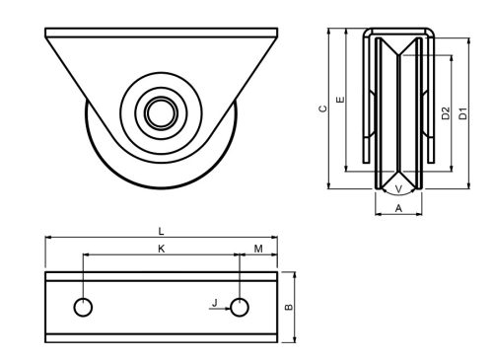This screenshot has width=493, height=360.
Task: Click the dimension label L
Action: pos(161,232)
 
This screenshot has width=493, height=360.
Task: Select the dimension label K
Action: pos(161,249)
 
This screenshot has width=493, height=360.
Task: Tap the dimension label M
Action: pos(258,249)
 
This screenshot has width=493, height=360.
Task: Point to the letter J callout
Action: pos(215,303)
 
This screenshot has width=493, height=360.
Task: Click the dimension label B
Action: pos(288,307)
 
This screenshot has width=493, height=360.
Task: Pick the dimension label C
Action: pos(323,108)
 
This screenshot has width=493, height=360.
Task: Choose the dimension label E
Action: pos(341,100)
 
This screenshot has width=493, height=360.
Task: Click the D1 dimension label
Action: pos(462,113)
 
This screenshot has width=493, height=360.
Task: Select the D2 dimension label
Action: pos(446,113)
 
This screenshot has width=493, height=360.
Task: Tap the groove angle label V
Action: pos(398,189)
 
